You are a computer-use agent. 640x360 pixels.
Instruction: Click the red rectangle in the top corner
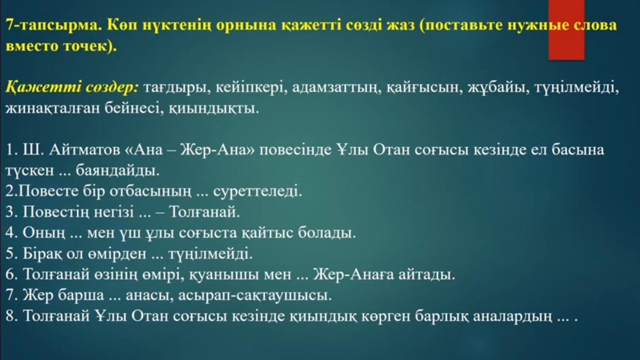pyautogui.click(x=566, y=30)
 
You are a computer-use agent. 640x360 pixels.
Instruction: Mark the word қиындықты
pyautogui.click(x=214, y=109)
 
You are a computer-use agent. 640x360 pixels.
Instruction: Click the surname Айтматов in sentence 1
pyautogui.click(x=85, y=150)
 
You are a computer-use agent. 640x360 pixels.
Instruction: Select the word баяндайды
pyautogui.click(x=118, y=171)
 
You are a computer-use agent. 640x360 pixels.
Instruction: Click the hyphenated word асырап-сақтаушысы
pyautogui.click(x=255, y=296)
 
